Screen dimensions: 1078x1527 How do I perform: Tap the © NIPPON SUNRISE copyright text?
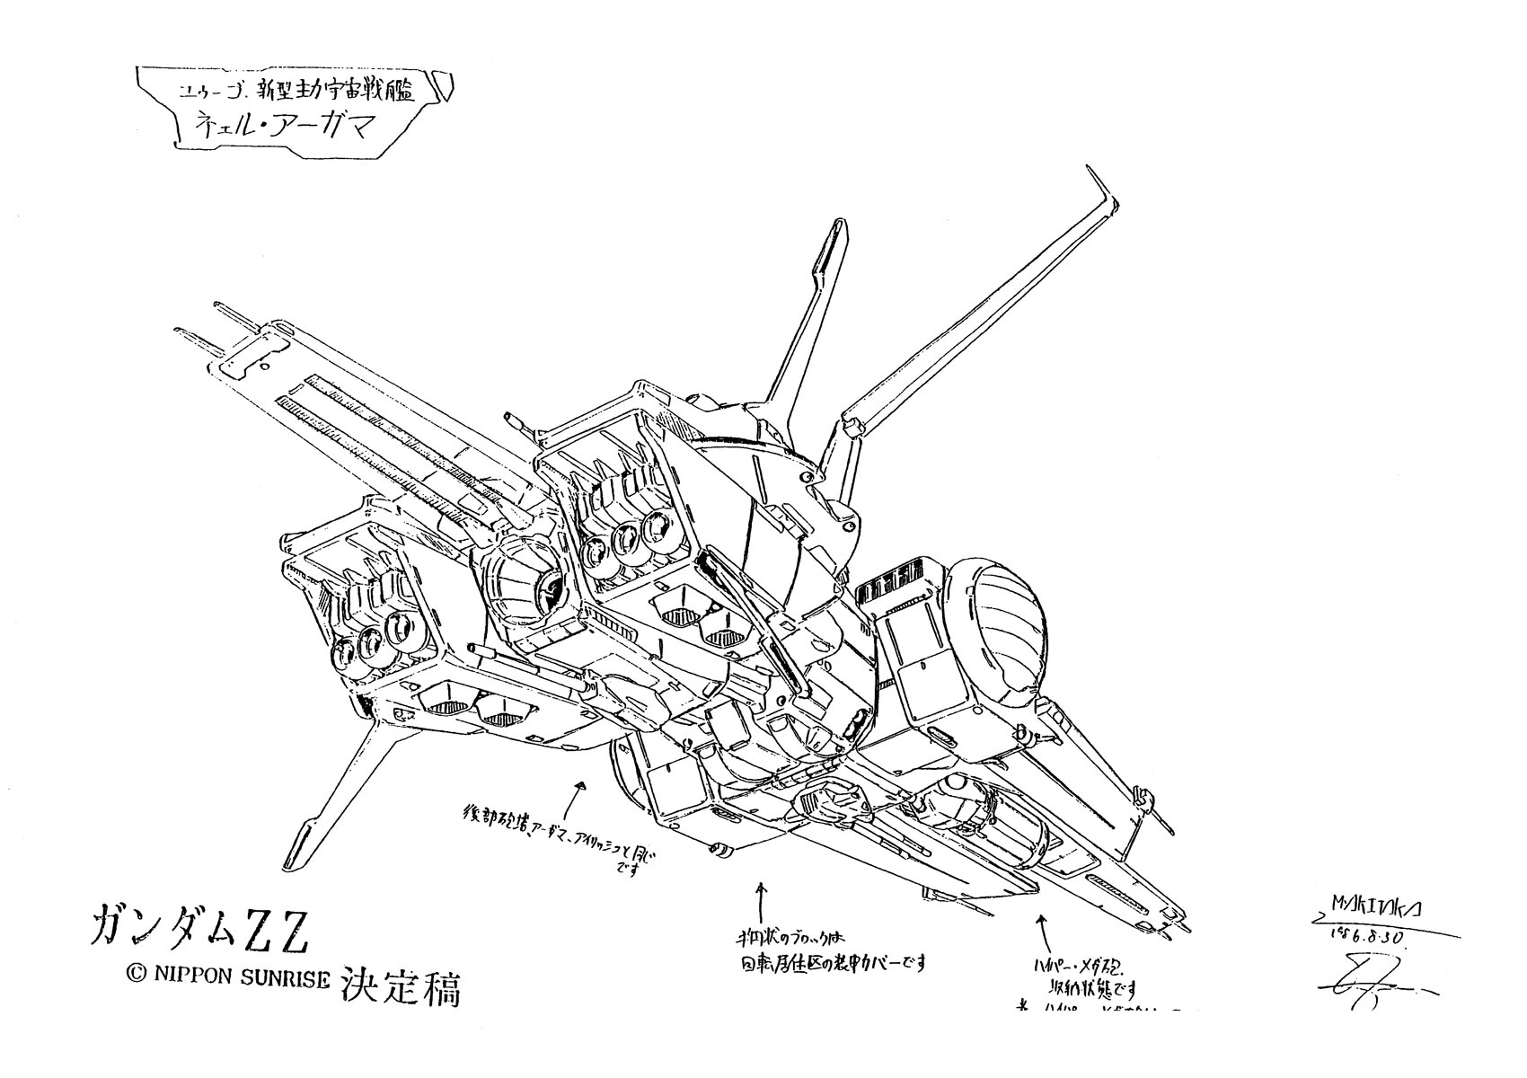click(232, 979)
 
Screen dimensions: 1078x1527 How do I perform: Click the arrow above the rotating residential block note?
click(763, 896)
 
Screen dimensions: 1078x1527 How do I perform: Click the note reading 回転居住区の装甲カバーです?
click(827, 965)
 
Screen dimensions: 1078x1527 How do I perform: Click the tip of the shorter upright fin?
click(829, 226)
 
